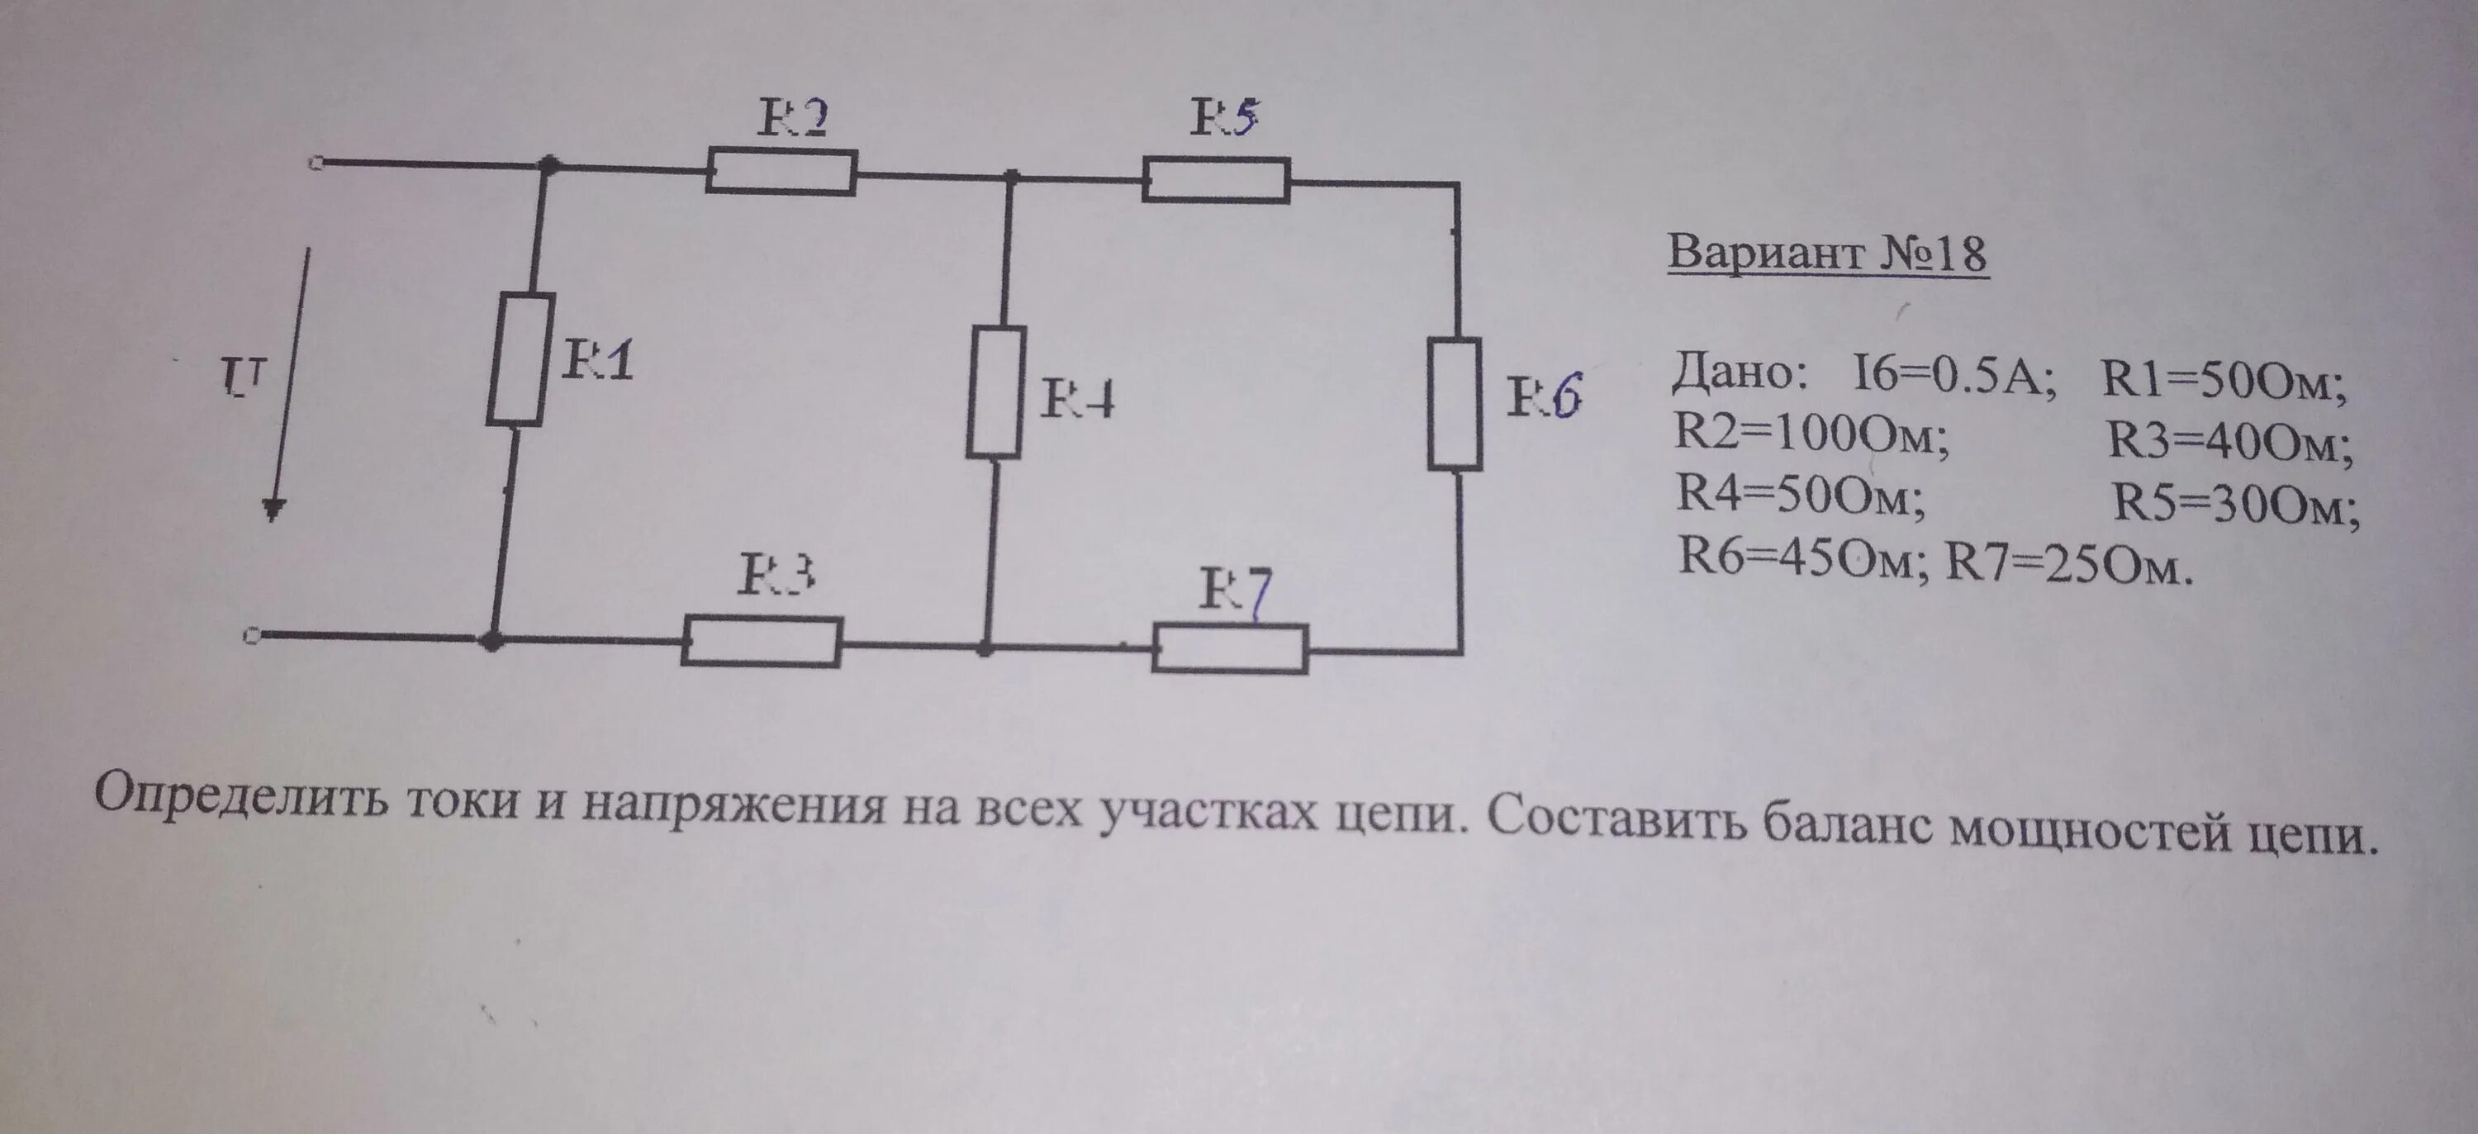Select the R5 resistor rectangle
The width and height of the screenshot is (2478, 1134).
(x=1216, y=180)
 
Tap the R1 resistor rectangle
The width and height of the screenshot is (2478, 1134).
(x=520, y=358)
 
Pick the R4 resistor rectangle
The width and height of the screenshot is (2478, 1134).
(x=995, y=391)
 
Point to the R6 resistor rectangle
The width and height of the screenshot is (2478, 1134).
(x=1454, y=403)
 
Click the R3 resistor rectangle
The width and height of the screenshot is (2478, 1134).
(x=761, y=642)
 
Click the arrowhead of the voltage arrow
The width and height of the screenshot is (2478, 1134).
(x=274, y=509)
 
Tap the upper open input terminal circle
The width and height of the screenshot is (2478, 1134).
(x=315, y=164)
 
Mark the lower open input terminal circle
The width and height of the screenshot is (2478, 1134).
(x=251, y=636)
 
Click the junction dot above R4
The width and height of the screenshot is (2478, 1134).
(x=1010, y=177)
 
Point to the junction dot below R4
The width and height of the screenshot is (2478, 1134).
(x=985, y=649)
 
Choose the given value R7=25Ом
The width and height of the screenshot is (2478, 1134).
(x=2068, y=566)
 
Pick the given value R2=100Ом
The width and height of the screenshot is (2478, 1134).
(x=1811, y=437)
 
